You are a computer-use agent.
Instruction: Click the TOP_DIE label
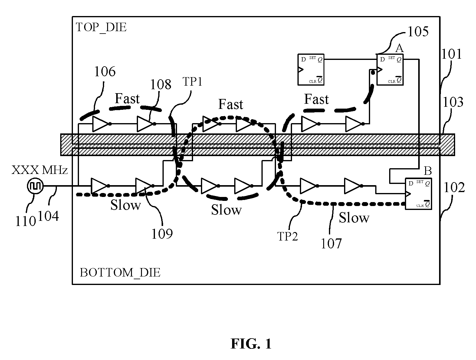pyautogui.click(x=101, y=28)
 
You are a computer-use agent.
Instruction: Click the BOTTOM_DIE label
pyautogui.click(x=120, y=273)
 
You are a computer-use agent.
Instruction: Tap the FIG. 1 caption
pyautogui.click(x=251, y=344)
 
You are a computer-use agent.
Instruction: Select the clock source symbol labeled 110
pyautogui.click(x=35, y=186)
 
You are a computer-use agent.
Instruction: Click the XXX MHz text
pyautogui.click(x=39, y=170)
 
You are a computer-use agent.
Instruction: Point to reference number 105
pyautogui.click(x=418, y=32)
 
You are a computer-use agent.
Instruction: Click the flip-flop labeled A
pyautogui.click(x=390, y=70)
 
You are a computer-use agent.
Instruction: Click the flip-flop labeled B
pyautogui.click(x=418, y=194)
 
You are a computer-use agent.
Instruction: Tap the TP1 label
pyautogui.click(x=192, y=82)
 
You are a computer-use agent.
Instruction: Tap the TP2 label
pyautogui.click(x=287, y=236)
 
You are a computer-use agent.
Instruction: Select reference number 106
pyautogui.click(x=105, y=71)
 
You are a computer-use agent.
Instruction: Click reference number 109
pyautogui.click(x=162, y=234)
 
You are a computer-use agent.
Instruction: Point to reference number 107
pyautogui.click(x=331, y=244)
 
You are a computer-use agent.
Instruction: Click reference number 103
pyautogui.click(x=453, y=102)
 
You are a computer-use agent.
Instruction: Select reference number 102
pyautogui.click(x=454, y=188)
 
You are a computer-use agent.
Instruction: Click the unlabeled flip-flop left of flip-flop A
pyautogui.click(x=311, y=70)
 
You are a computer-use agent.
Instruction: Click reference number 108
pyautogui.click(x=161, y=84)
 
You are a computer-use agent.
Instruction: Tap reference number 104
pyautogui.click(x=48, y=216)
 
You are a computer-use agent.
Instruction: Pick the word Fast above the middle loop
pyautogui.click(x=231, y=104)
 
